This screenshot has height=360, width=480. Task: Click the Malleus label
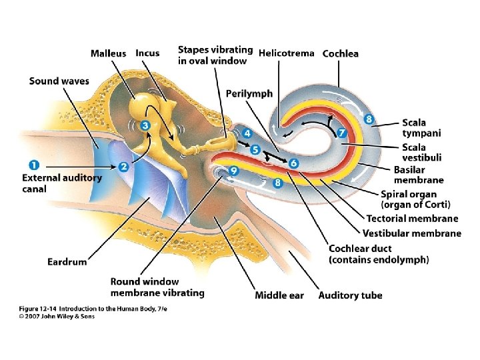(x=108, y=53)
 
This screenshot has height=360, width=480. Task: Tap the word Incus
(x=147, y=53)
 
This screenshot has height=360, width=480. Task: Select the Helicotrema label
(x=286, y=53)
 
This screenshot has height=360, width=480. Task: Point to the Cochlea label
(x=340, y=53)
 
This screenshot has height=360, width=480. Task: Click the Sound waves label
(x=59, y=81)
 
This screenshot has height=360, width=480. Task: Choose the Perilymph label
(x=249, y=93)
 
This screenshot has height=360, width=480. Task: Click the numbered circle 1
(x=34, y=165)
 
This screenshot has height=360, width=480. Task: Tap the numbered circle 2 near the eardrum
(x=123, y=167)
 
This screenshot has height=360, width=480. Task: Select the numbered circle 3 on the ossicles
(x=145, y=125)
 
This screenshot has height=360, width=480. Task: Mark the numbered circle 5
(x=255, y=150)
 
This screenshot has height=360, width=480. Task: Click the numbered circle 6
(x=294, y=163)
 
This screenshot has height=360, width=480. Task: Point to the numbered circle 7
(x=342, y=133)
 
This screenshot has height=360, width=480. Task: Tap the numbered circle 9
(x=233, y=171)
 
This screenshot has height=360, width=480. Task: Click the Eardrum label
(x=67, y=261)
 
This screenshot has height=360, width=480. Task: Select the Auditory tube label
(x=350, y=295)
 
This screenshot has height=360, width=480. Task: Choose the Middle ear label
(x=279, y=295)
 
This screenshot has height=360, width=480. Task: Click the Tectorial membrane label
(x=412, y=219)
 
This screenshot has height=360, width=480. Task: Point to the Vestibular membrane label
(x=411, y=233)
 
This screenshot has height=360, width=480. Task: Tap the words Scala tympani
(x=421, y=128)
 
